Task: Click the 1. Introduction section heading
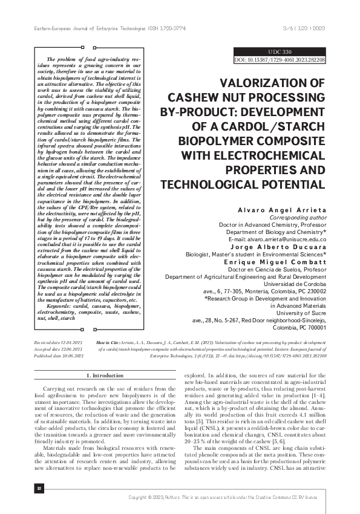point(95,375)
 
